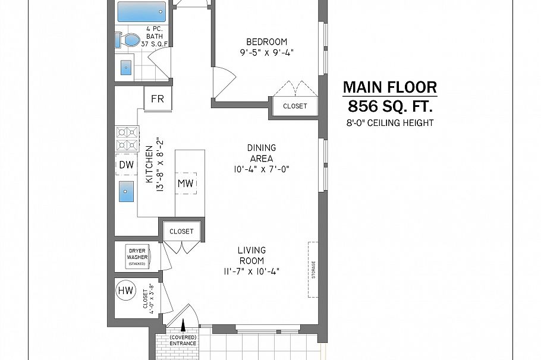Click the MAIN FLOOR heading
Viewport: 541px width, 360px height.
[389, 87]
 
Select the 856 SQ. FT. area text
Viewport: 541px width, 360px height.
[389, 107]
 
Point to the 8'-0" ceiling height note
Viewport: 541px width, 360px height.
[389, 123]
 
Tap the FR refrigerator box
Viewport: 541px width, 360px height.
[158, 99]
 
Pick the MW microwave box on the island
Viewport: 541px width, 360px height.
[185, 184]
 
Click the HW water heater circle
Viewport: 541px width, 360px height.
[125, 291]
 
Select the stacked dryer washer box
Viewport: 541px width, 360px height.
[136, 257]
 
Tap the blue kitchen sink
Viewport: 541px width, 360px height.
[125, 193]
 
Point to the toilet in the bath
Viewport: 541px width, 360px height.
[128, 40]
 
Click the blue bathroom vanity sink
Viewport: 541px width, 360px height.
[127, 68]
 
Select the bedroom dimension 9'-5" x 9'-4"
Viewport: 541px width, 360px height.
[267, 52]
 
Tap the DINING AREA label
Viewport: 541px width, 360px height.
[261, 153]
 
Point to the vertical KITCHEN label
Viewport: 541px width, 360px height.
[149, 164]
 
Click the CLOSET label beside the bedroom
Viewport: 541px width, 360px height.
[295, 106]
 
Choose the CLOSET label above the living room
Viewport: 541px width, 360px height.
[181, 231]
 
